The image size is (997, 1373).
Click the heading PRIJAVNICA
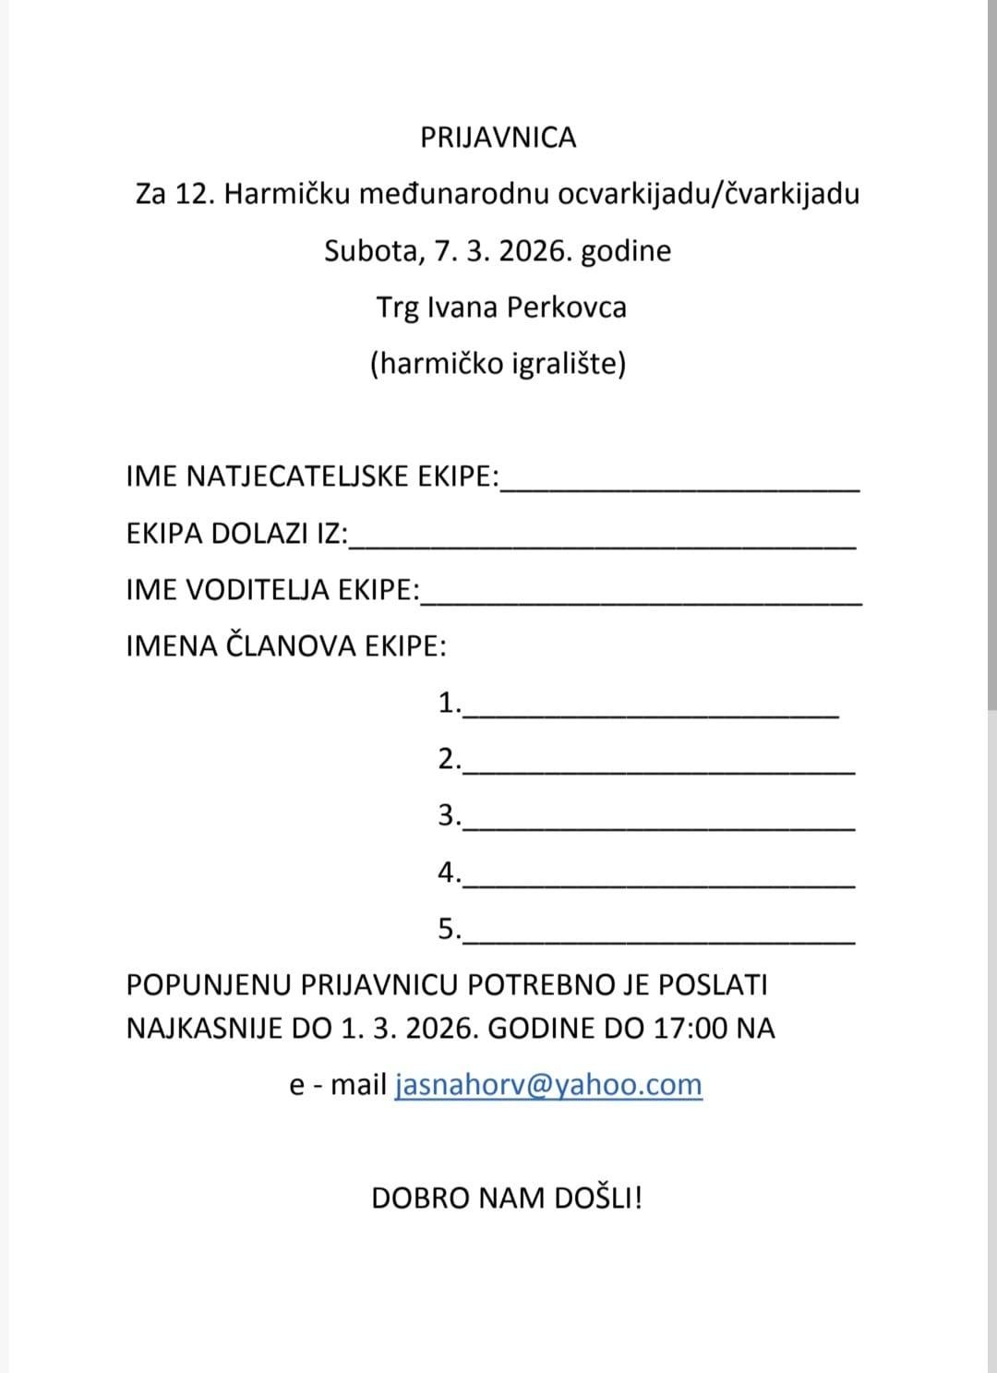pos(498,138)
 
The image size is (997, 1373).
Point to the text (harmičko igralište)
pos(498,364)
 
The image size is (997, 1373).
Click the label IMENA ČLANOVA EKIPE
pos(286,645)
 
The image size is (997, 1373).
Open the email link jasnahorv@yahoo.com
pos(548,1085)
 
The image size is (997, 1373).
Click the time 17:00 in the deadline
pos(691,1029)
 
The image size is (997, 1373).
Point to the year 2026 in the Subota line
pos(534,251)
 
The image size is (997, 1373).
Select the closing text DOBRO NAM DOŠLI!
pos(507,1198)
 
